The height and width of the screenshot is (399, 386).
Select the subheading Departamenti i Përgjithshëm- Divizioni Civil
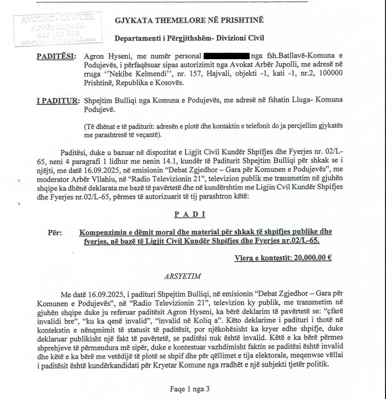click(x=190, y=38)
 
